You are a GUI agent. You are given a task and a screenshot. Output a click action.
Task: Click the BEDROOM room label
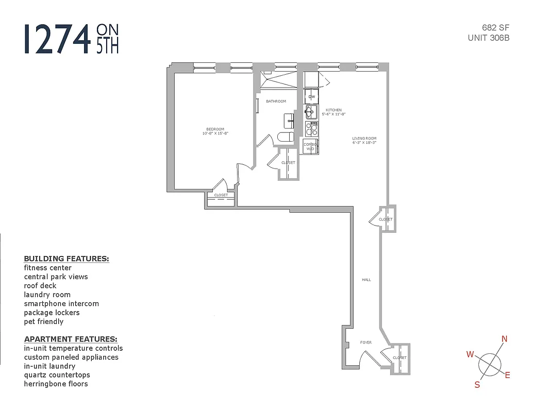pos(215,129)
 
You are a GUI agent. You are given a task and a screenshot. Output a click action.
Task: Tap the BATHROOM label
pos(276,101)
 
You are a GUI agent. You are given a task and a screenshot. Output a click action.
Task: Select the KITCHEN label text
pos(333,110)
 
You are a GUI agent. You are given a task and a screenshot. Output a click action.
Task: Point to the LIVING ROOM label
pos(364,139)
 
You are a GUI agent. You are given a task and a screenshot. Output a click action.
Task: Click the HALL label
pos(366,280)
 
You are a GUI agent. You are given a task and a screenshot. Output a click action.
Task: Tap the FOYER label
pos(366,342)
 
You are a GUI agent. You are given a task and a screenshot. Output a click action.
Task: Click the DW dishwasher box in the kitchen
pos(311,97)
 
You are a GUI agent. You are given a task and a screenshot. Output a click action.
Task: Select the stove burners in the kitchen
pos(311,129)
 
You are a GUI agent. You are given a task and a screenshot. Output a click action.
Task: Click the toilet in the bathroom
pos(285,137)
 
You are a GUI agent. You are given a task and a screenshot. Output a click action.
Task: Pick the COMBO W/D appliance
pos(310,146)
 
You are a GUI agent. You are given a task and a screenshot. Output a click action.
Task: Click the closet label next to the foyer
pos(399,357)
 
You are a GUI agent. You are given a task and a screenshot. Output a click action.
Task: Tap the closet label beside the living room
pos(386,219)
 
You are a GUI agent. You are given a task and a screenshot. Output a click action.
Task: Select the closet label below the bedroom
pos(221,195)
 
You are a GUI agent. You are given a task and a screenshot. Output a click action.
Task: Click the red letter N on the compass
pos(505,338)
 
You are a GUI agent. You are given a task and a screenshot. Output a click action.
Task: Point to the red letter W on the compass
pos(470,354)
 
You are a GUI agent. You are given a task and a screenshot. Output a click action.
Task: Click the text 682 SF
pos(496,27)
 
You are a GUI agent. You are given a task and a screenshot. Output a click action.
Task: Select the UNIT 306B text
pos(489,38)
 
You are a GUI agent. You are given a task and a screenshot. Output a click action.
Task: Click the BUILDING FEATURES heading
pos(66,259)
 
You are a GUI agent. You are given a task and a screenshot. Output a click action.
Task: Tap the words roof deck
pos(40,285)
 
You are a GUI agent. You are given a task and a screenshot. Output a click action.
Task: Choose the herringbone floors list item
pos(56,384)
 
